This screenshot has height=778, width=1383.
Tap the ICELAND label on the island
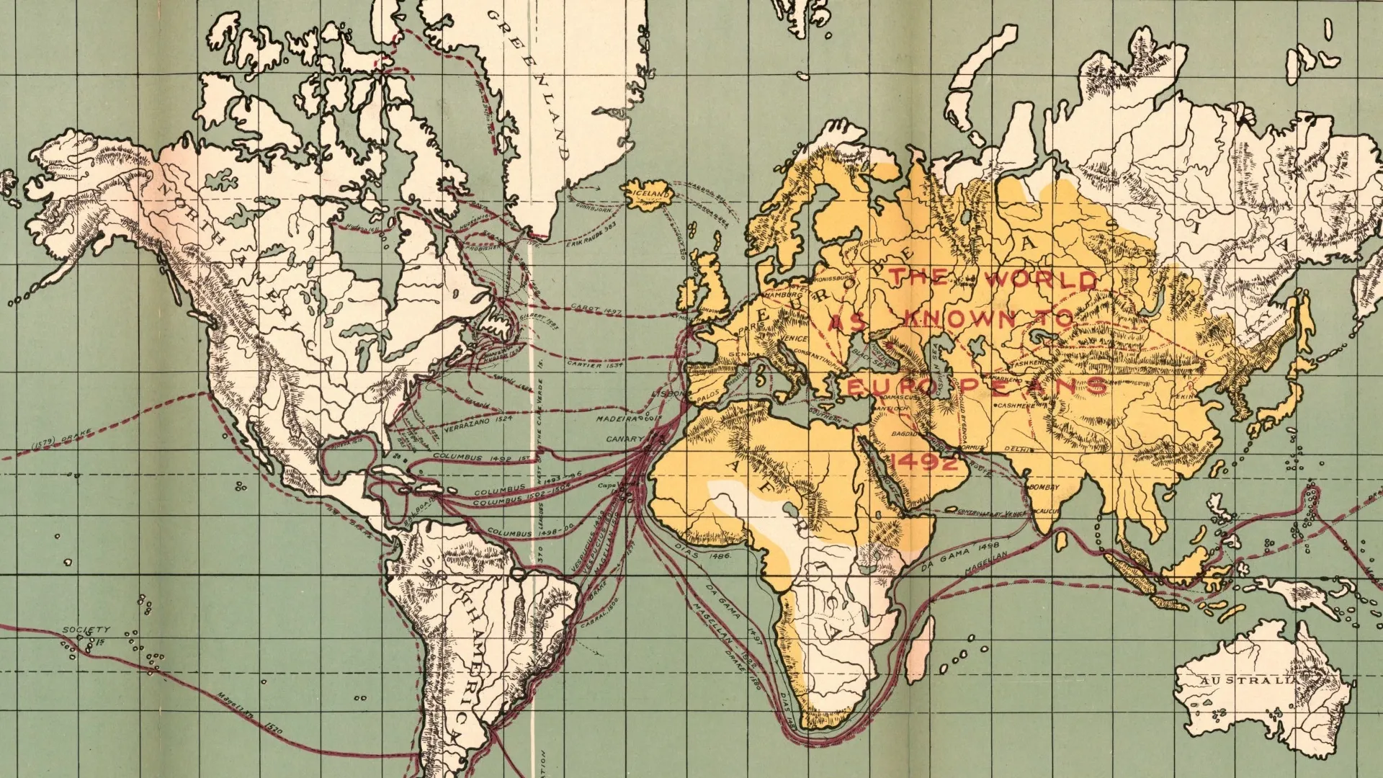pyautogui.click(x=650, y=194)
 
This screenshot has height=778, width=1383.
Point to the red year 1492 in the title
pyautogui.click(x=924, y=462)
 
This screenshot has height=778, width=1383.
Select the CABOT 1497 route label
pyautogui.click(x=596, y=308)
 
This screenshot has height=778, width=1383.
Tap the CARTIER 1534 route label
pyautogui.click(x=594, y=365)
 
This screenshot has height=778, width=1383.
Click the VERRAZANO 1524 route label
pyautogui.click(x=478, y=423)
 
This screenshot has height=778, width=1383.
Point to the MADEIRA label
pyautogui.click(x=618, y=418)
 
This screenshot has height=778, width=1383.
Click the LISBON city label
pyautogui.click(x=668, y=394)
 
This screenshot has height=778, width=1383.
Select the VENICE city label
pyautogui.click(x=793, y=338)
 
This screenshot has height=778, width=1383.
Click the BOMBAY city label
pyautogui.click(x=1044, y=488)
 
